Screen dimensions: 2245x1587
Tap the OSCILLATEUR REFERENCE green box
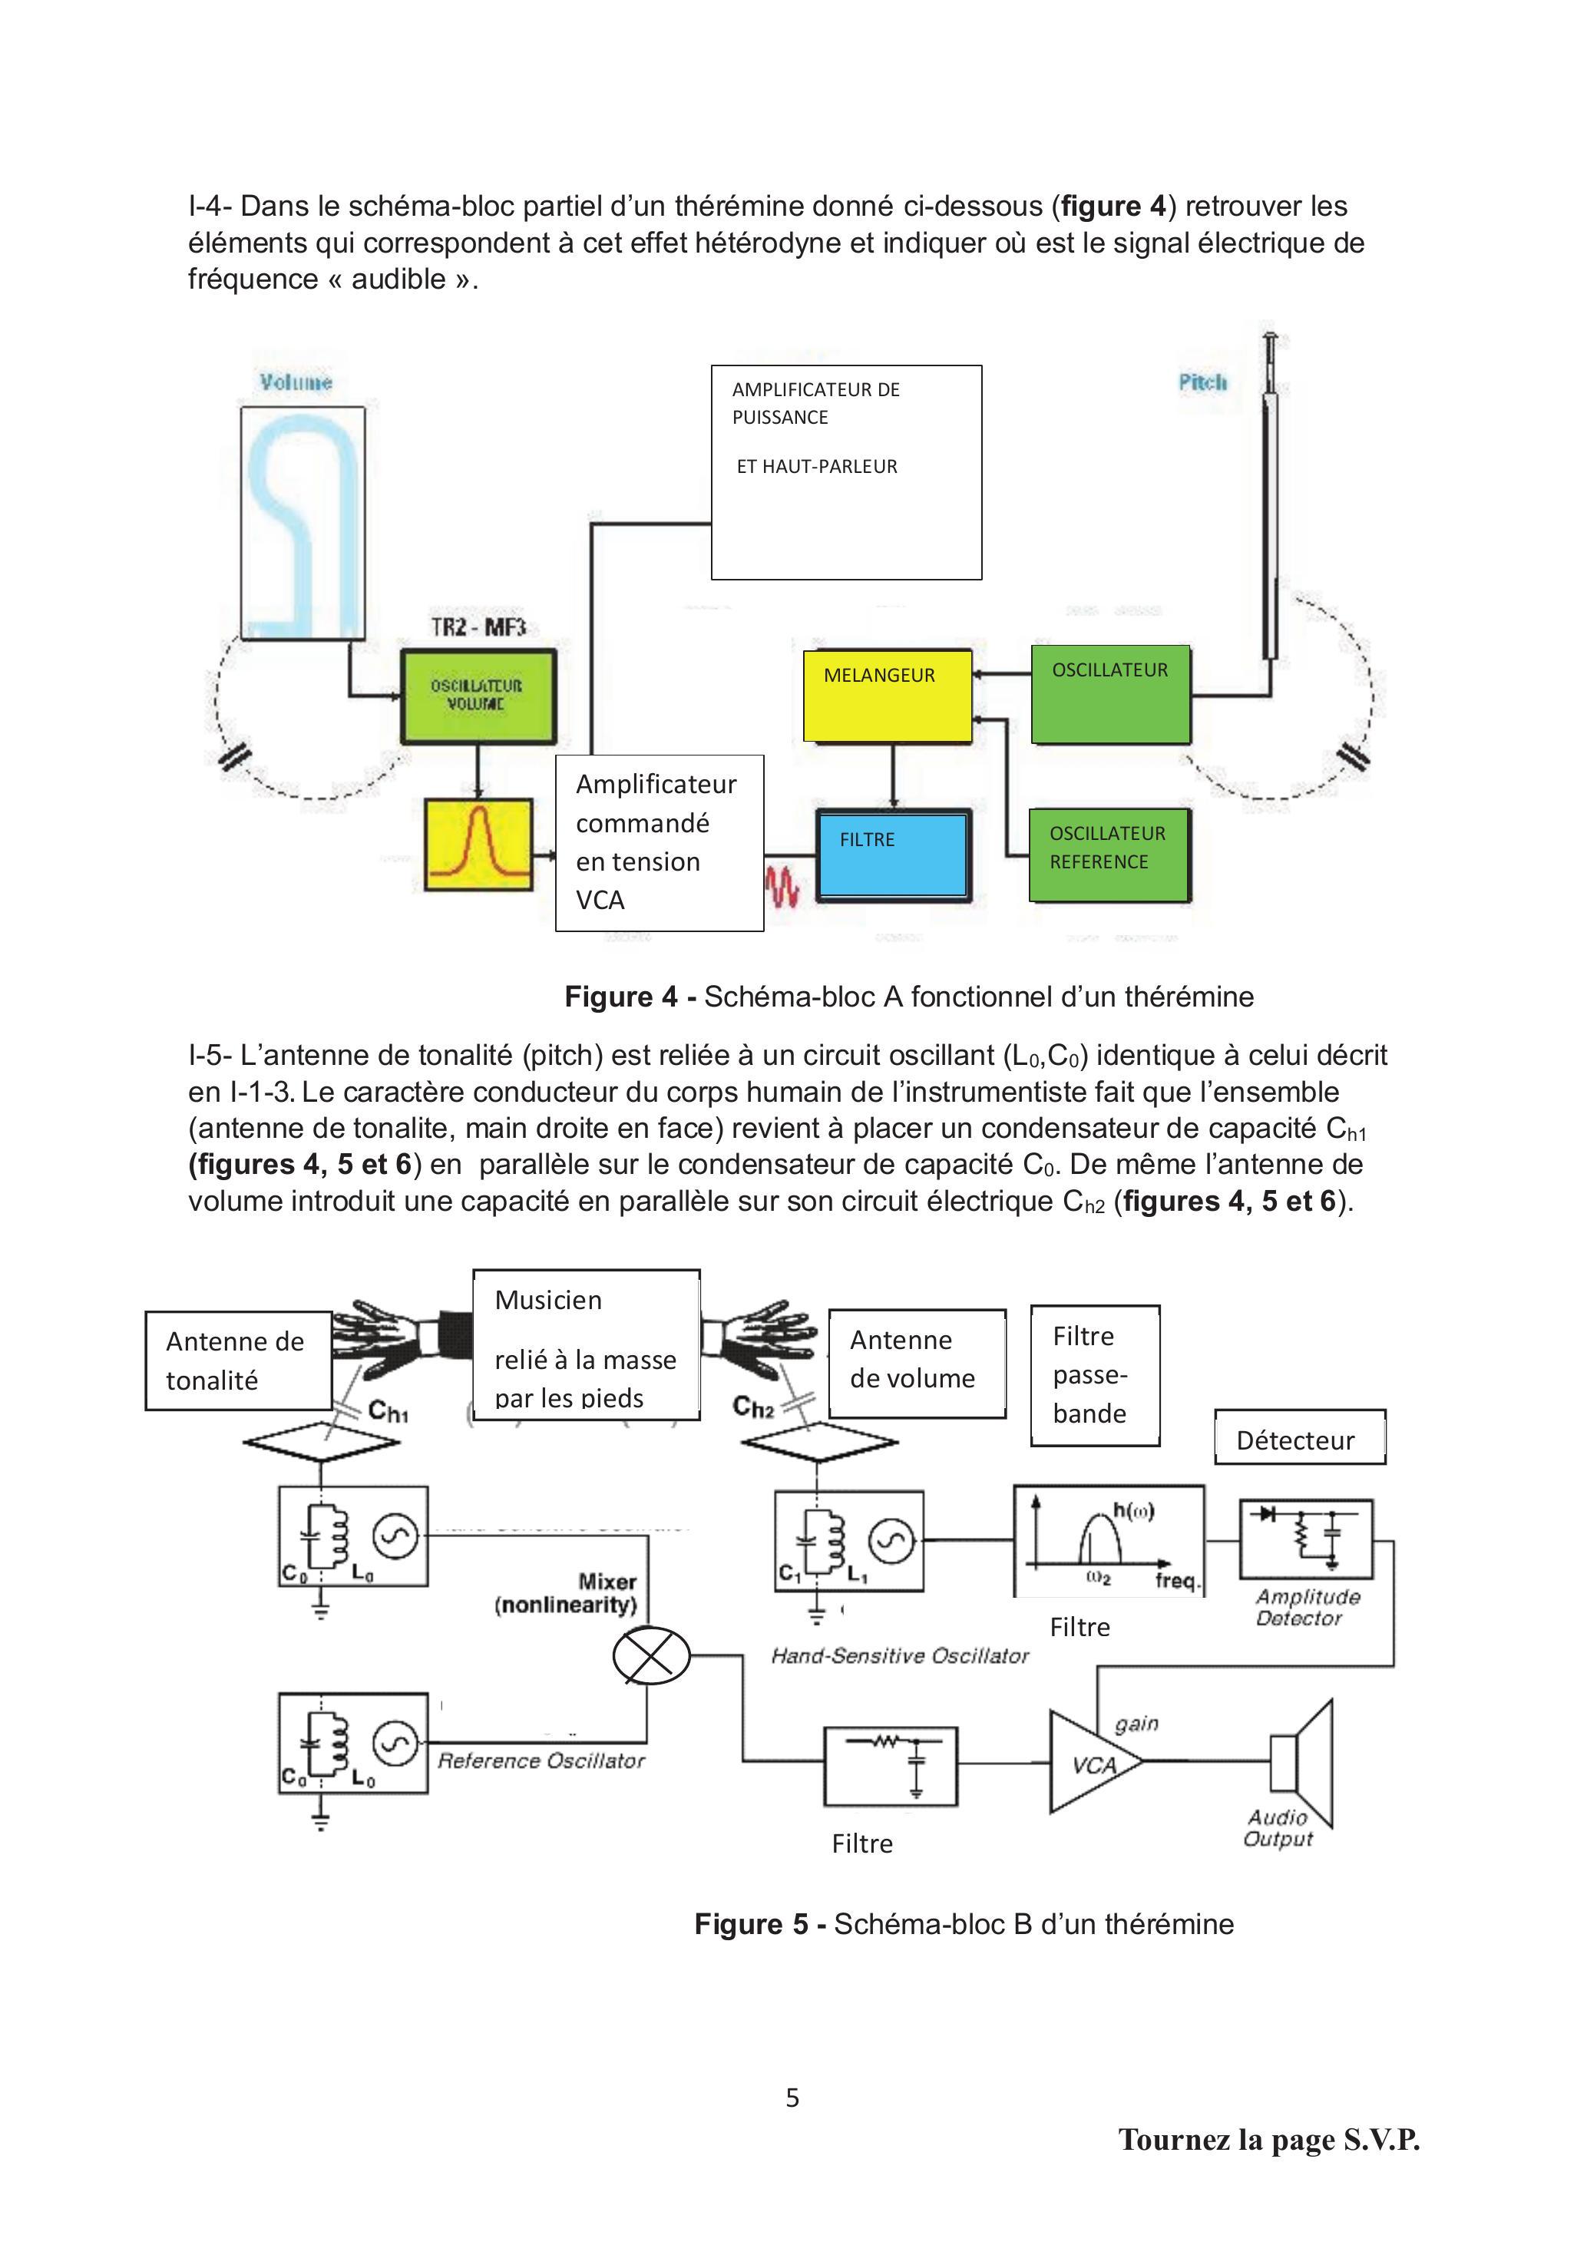coord(1108,854)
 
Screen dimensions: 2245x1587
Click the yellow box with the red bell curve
coord(478,844)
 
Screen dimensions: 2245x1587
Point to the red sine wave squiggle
coord(782,886)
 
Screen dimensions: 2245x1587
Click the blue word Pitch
coord(1202,382)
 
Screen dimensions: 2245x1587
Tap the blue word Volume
coord(296,382)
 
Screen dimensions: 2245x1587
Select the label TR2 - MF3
coord(478,627)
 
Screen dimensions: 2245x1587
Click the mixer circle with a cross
coord(651,1655)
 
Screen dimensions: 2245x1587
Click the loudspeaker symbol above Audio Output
coord(1301,1763)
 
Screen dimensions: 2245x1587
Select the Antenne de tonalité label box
coord(237,1360)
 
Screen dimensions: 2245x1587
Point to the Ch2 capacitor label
coord(753,1406)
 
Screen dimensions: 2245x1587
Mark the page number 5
coord(792,2098)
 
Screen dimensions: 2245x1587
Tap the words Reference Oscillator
coord(541,1760)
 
